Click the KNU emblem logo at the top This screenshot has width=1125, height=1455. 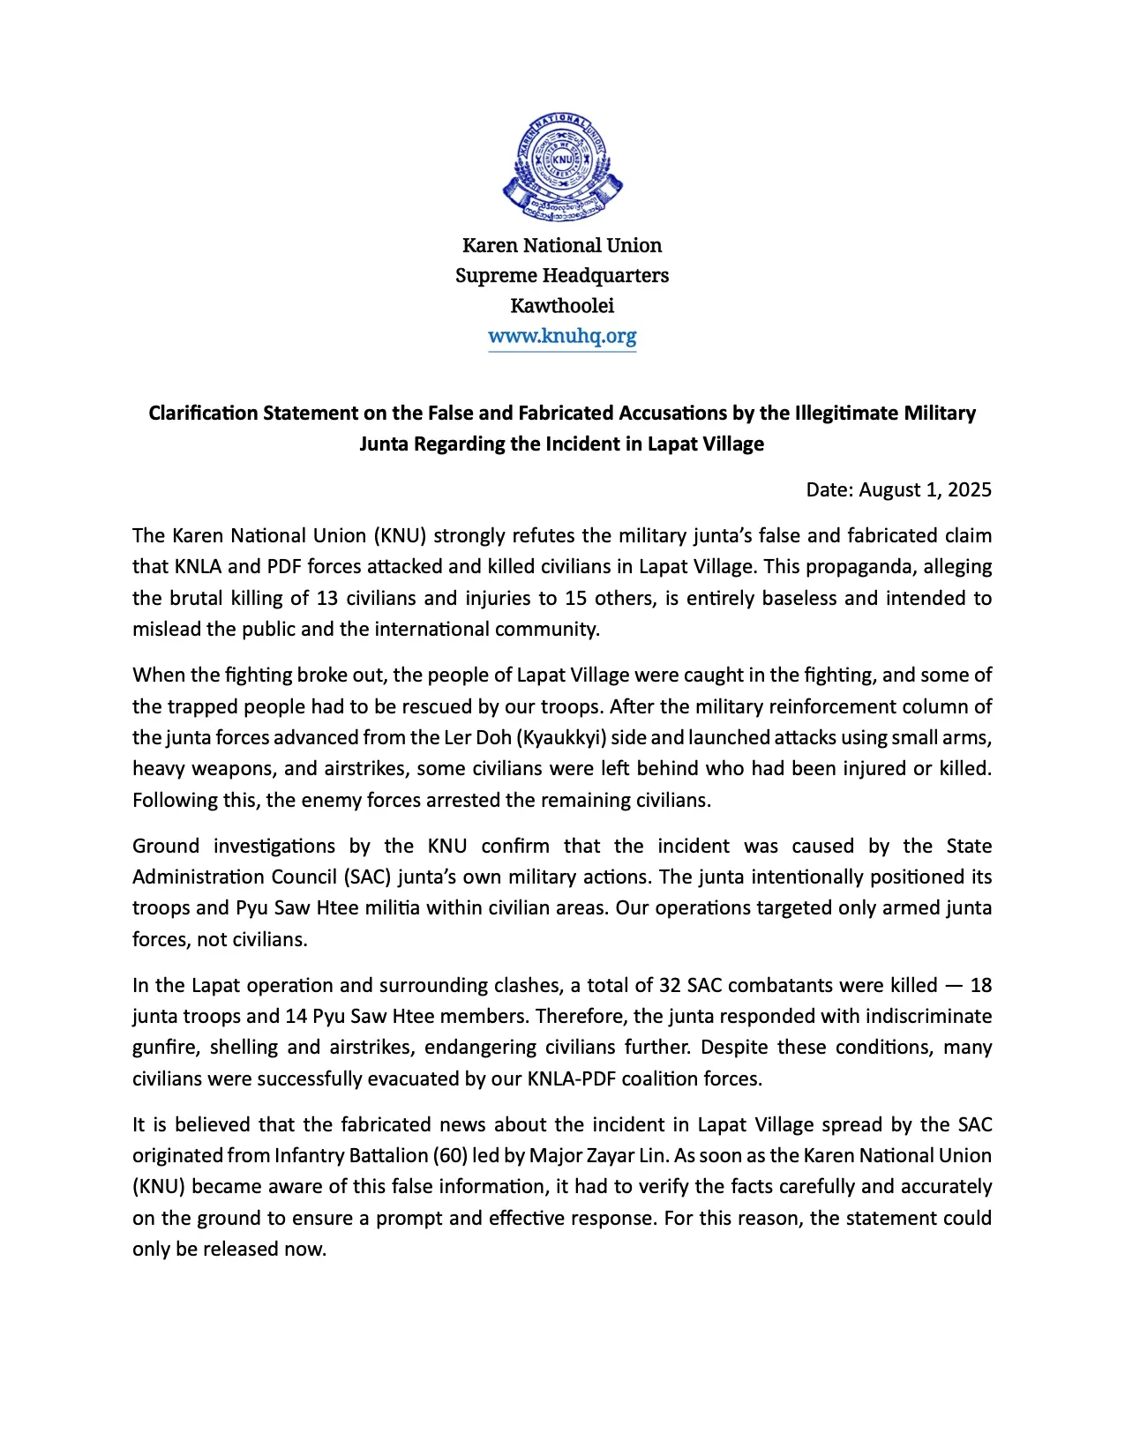pos(562,167)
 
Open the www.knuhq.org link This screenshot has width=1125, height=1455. pos(562,336)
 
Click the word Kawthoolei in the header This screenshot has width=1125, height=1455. pos(562,305)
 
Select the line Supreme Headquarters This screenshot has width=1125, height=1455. pos(562,275)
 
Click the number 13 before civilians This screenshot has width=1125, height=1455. pos(327,598)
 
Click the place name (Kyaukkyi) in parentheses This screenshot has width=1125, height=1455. pos(565,737)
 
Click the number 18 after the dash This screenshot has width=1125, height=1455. pos(980,985)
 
